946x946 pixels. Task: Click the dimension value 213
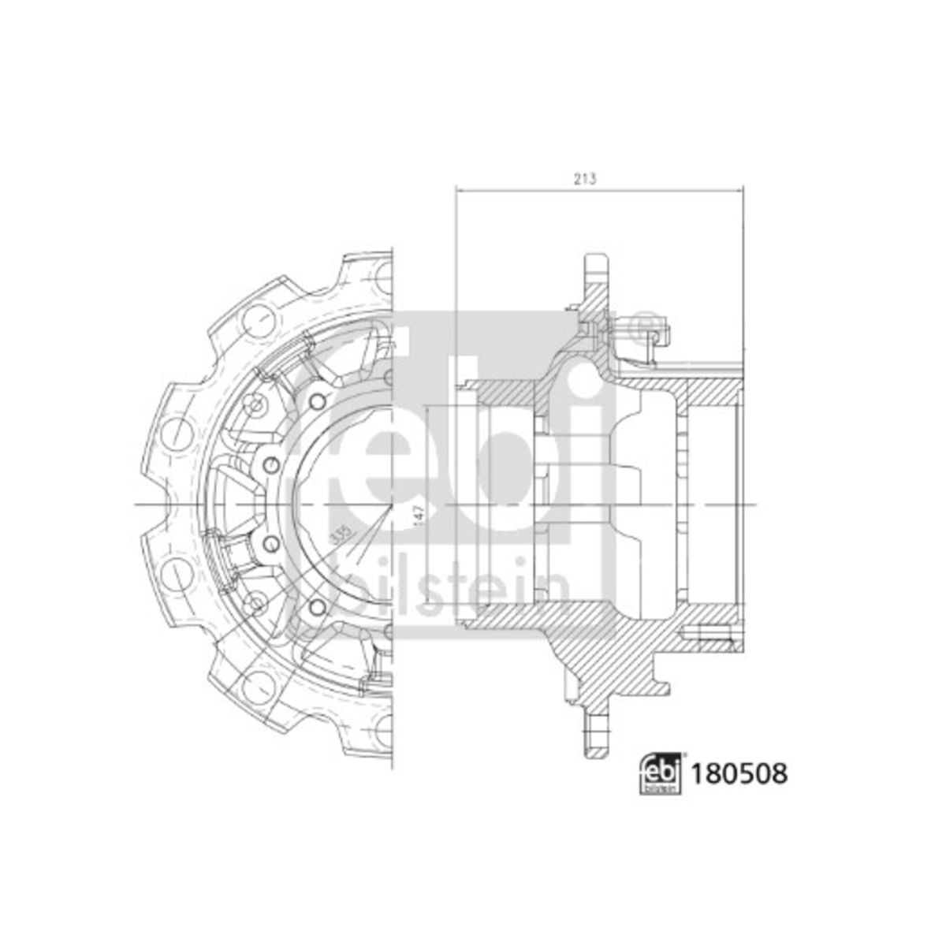point(585,179)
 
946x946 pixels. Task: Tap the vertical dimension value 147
point(419,517)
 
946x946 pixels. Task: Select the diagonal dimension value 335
point(341,535)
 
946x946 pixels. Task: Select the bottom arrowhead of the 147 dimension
point(429,599)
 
